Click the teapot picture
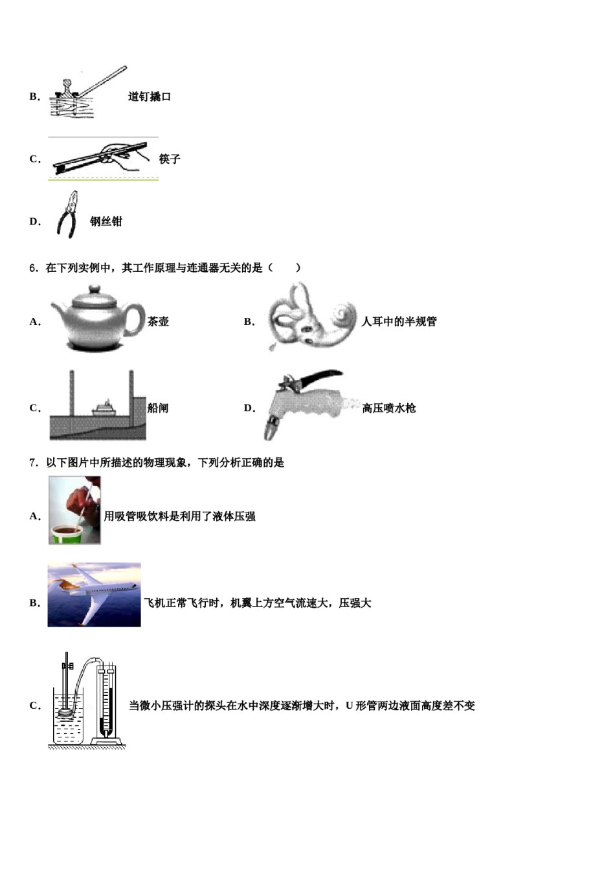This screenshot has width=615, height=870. pyautogui.click(x=97, y=318)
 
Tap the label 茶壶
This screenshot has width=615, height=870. pyautogui.click(x=158, y=321)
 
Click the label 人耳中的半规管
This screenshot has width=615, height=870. pyautogui.click(x=399, y=321)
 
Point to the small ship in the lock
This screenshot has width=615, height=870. pyautogui.click(x=104, y=408)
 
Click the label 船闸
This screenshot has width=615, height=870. pyautogui.click(x=158, y=408)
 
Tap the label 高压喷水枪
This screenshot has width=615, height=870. pyautogui.click(x=389, y=408)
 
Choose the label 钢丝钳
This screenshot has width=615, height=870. pyautogui.click(x=106, y=221)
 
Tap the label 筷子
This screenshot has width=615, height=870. pyautogui.click(x=170, y=159)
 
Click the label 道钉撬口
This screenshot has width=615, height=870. pyautogui.click(x=150, y=96)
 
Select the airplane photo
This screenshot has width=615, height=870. pyautogui.click(x=94, y=594)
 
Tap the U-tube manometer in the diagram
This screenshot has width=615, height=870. pyautogui.click(x=106, y=706)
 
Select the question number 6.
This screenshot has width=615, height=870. pyautogui.click(x=34, y=267)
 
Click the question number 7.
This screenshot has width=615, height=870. pyautogui.click(x=34, y=462)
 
